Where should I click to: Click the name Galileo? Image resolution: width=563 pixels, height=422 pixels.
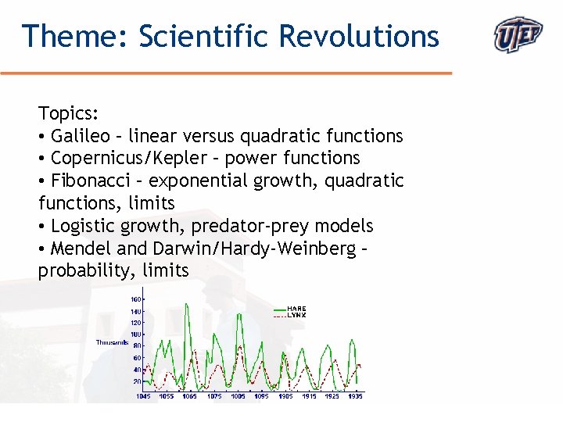pos(81,136)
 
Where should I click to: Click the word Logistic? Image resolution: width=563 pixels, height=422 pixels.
pos(82,227)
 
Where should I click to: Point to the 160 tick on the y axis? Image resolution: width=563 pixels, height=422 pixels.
pos(135,299)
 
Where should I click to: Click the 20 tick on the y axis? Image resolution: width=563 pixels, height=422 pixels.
pos(137,381)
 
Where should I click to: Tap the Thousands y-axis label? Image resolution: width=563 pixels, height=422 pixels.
pos(112,342)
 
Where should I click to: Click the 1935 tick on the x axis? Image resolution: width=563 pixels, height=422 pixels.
pos(355,396)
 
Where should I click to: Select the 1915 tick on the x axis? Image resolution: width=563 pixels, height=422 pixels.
pos(309,396)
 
